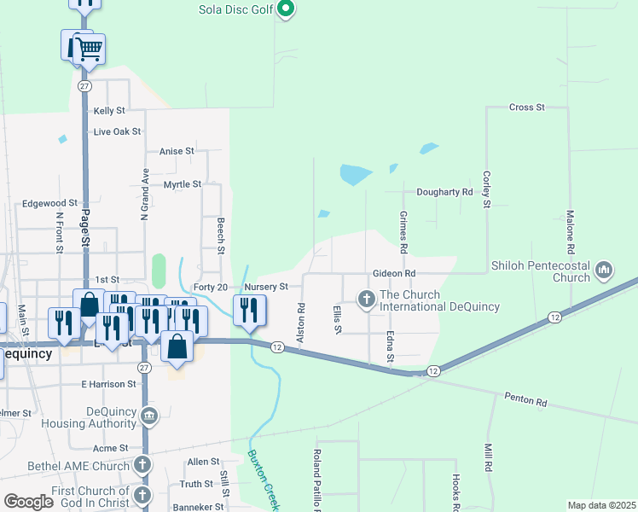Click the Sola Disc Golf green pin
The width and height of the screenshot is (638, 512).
click(287, 10)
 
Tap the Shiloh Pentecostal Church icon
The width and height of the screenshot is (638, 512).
click(605, 271)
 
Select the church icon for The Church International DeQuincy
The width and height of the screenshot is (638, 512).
click(367, 300)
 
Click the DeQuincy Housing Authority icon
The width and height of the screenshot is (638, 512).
click(149, 416)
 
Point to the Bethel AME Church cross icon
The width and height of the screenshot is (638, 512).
click(142, 466)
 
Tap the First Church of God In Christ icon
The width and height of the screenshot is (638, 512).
click(142, 495)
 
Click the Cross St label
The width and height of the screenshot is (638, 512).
click(526, 108)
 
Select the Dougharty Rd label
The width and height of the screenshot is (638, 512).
click(444, 193)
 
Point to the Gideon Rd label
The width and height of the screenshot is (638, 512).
click(393, 273)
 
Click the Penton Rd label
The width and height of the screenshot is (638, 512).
click(525, 397)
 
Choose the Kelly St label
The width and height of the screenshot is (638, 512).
click(109, 111)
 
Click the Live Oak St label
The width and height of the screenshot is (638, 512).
click(117, 131)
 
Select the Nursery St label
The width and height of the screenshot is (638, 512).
click(271, 288)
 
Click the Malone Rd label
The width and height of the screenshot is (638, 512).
click(570, 227)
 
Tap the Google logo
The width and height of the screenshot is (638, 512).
click(29, 502)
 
